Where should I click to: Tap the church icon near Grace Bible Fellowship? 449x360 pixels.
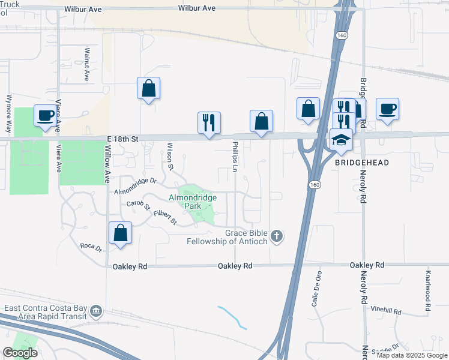coord(277,236)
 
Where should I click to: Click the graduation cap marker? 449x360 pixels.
coord(341,140)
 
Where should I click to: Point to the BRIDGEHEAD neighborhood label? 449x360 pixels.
coord(362,163)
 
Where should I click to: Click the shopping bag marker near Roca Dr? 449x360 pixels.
coord(120,233)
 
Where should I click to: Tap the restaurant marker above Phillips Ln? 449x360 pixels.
coord(209,122)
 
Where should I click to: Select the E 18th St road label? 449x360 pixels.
coord(123,139)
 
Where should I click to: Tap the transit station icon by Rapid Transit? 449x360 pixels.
coord(97,311)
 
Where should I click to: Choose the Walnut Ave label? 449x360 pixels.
coord(87,64)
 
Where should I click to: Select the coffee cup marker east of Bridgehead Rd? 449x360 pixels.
coord(387,109)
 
